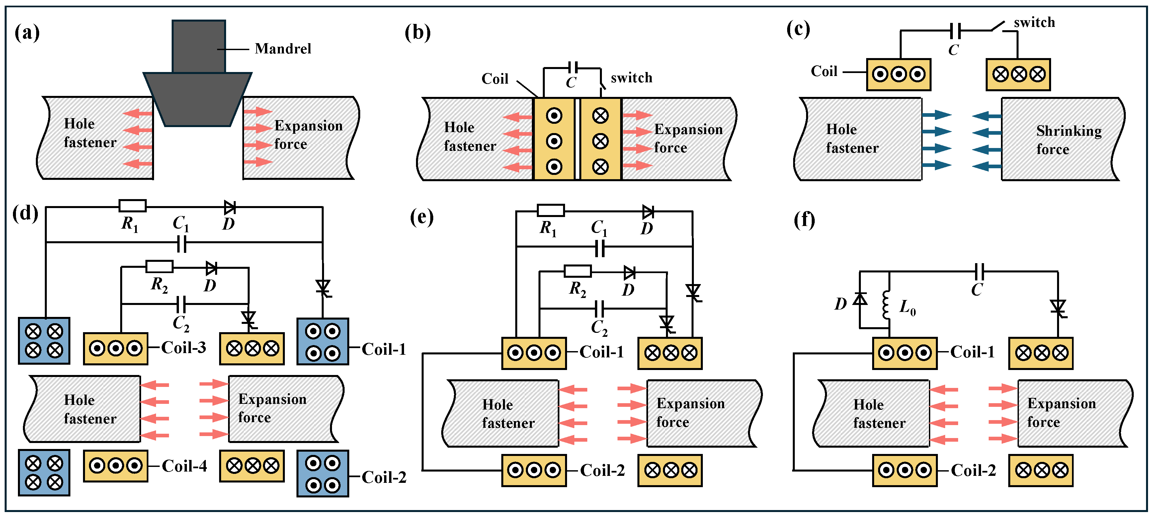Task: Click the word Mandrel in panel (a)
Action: [283, 48]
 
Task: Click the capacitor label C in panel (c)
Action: [953, 50]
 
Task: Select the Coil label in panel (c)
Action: [824, 71]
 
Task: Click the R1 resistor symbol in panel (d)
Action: [132, 206]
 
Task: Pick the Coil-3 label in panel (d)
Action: [184, 347]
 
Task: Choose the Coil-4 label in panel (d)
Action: [184, 466]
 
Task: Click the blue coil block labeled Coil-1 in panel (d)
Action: [323, 341]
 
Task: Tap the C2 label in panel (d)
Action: [181, 323]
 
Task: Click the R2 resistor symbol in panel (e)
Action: [577, 271]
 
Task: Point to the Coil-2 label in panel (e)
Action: [602, 471]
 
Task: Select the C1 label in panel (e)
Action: [599, 228]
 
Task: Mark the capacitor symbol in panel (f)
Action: [979, 271]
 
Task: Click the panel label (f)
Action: [804, 220]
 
